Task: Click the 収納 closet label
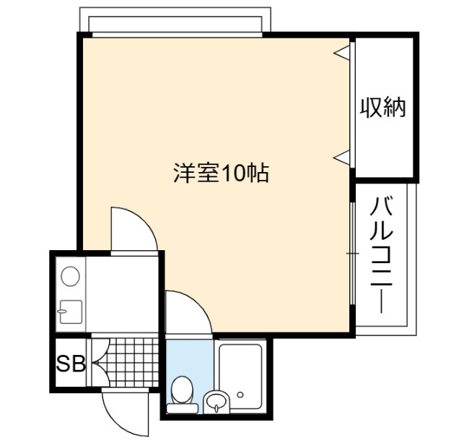pyautogui.click(x=382, y=108)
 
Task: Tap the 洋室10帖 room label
pyautogui.click(x=221, y=173)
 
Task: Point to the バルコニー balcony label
pyautogui.click(x=381, y=255)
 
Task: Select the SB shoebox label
pyautogui.click(x=71, y=364)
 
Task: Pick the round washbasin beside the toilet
pyautogui.click(x=216, y=402)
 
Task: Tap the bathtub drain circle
pyautogui.click(x=240, y=395)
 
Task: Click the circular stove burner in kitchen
pyautogui.click(x=71, y=276)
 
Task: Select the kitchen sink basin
pyautogui.click(x=71, y=312)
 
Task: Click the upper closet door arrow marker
pyautogui.click(x=341, y=53)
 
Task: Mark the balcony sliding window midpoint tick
pyautogui.click(x=352, y=254)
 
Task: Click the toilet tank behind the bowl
pyautogui.click(x=183, y=409)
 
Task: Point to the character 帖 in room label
pyautogui.click(x=258, y=173)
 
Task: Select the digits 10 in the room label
pyautogui.click(x=233, y=173)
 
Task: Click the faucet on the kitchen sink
pyautogui.click(x=62, y=311)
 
